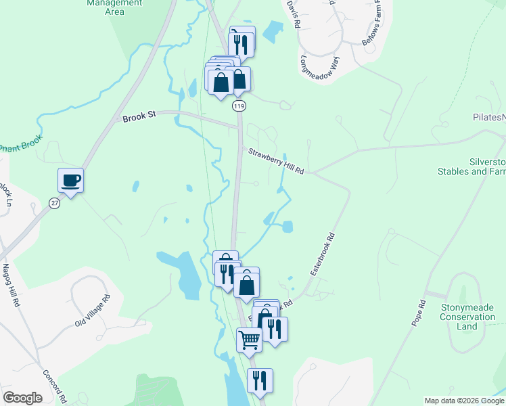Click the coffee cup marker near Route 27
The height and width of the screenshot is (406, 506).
pyautogui.click(x=71, y=181)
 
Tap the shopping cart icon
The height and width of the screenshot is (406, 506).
pyautogui.click(x=249, y=340)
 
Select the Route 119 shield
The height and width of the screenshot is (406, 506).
pyautogui.click(x=238, y=106)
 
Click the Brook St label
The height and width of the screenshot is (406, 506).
pyautogui.click(x=139, y=117)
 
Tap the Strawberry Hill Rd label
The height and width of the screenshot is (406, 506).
pyautogui.click(x=276, y=161)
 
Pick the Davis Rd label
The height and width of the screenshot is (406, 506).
pyautogui.click(x=293, y=14)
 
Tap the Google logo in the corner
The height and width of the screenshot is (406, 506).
pyautogui.click(x=22, y=398)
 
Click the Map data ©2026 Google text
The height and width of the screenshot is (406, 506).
pyautogui.click(x=464, y=401)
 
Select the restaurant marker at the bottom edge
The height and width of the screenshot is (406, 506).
pyautogui.click(x=260, y=381)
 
